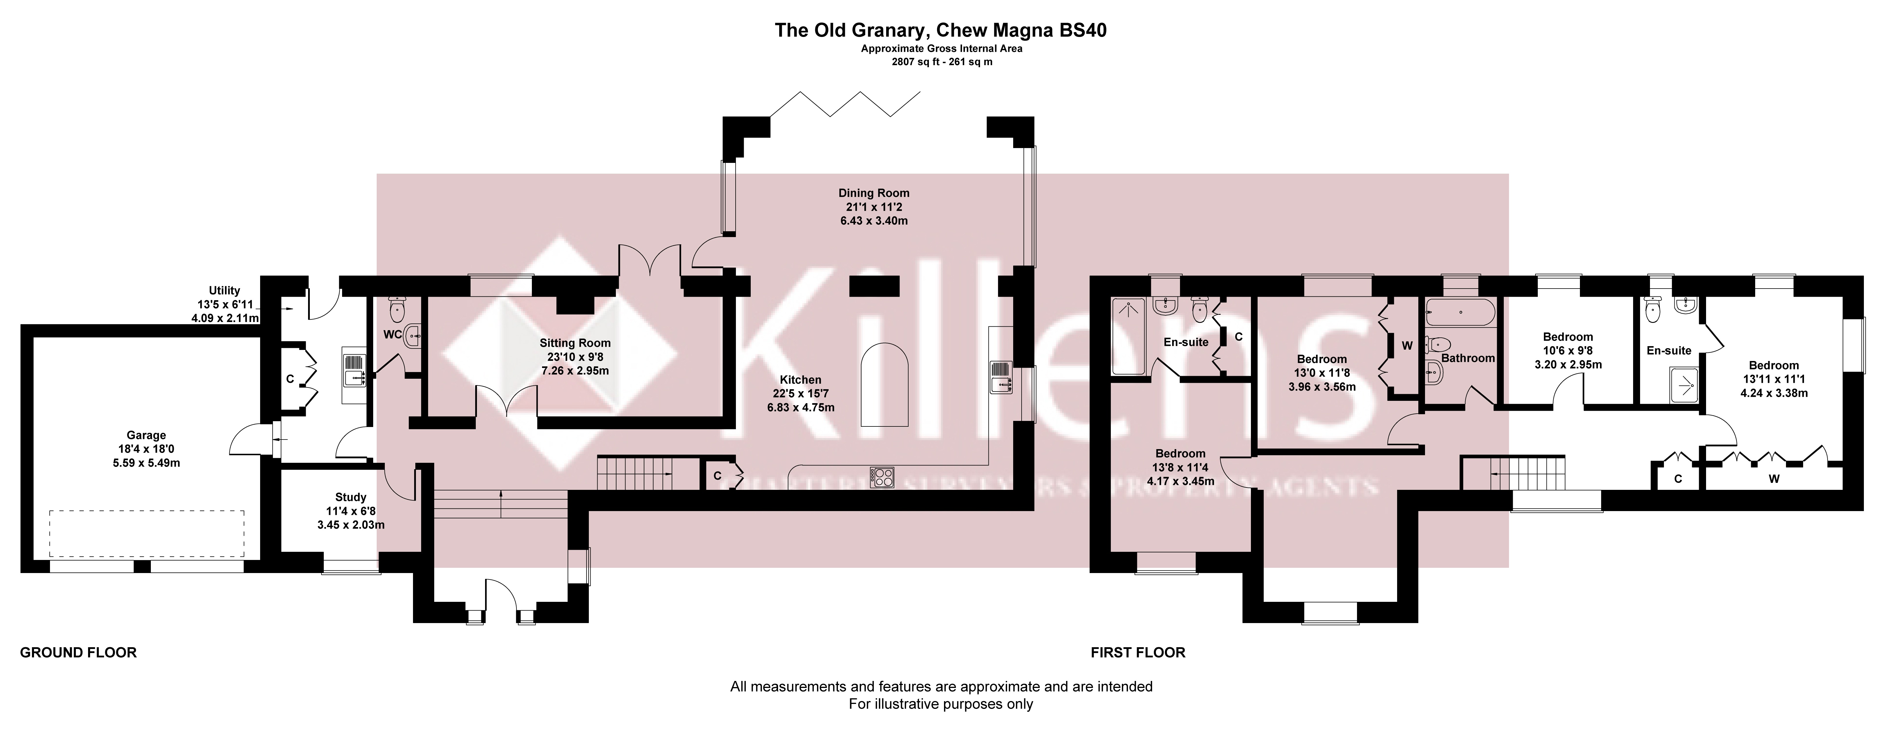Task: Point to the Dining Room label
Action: click(874, 193)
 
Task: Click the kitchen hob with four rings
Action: click(882, 477)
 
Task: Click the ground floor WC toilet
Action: click(396, 309)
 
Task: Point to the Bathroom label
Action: click(1468, 358)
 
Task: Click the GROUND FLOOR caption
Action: click(78, 652)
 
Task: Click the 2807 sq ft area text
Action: click(941, 62)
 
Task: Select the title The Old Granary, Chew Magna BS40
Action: click(941, 30)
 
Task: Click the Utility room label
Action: click(224, 290)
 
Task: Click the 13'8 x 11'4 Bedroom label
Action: click(1180, 453)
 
